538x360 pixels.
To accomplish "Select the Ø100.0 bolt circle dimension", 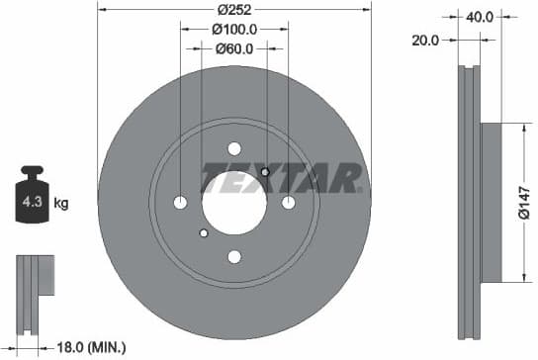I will pyautogui.click(x=234, y=30).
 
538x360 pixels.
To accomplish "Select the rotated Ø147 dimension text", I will pyautogui.click(x=526, y=203).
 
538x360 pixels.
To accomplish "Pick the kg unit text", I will pyautogui.click(x=60, y=205).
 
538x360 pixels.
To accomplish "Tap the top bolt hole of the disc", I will pyautogui.click(x=234, y=148).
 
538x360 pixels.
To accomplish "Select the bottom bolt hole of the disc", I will pyautogui.click(x=234, y=257).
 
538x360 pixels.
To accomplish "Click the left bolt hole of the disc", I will pyautogui.click(x=180, y=203).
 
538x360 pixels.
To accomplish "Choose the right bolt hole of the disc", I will pyautogui.click(x=289, y=203).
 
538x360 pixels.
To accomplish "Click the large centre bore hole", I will pyautogui.click(x=234, y=203).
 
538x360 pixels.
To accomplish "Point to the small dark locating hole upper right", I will pyautogui.click(x=265, y=173).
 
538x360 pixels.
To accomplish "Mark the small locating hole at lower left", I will pyautogui.click(x=204, y=233).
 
